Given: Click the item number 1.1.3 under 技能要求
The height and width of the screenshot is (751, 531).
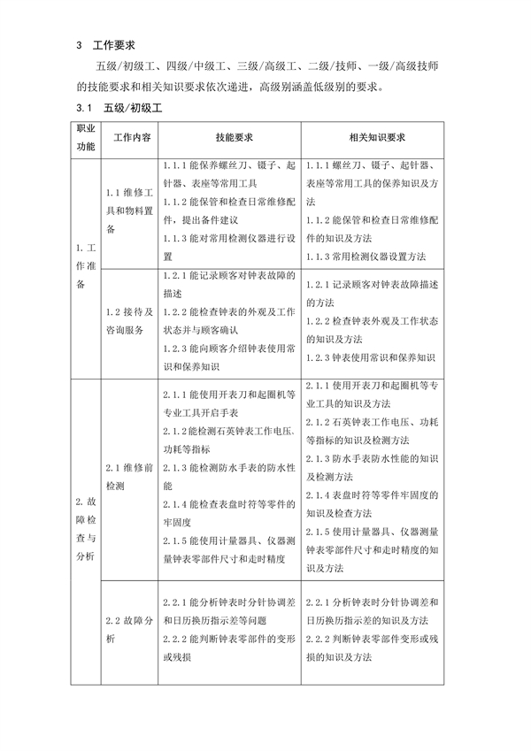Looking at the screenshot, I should [178, 239].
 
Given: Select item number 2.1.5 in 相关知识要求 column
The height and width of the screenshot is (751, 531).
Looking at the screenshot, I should [319, 532].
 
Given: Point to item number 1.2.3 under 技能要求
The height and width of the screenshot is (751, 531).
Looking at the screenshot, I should [178, 349].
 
